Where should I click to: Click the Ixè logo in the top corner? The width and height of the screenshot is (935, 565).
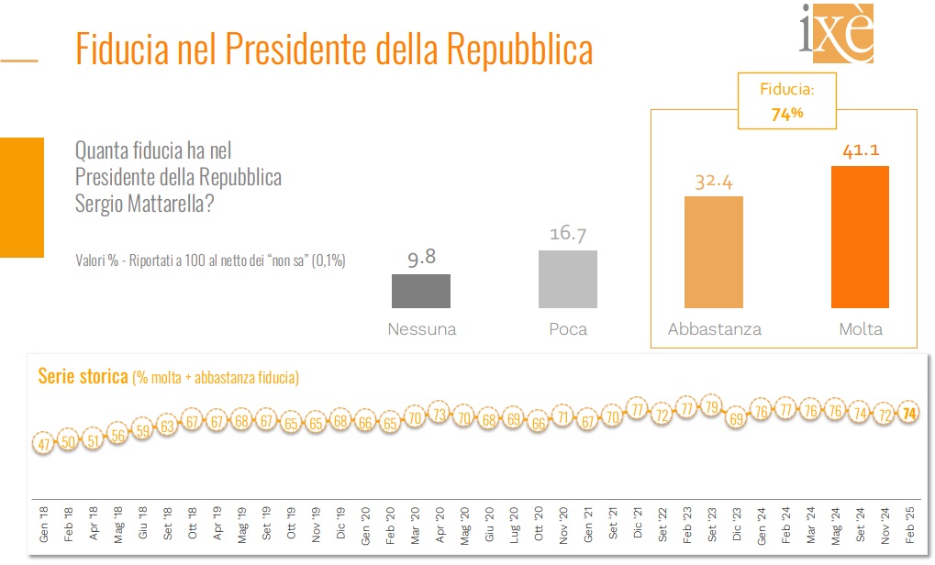click(x=837, y=34)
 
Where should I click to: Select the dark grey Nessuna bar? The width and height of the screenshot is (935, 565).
click(x=421, y=291)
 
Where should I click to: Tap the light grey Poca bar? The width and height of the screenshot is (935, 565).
click(x=568, y=279)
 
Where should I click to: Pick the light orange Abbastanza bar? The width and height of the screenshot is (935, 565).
click(x=714, y=252)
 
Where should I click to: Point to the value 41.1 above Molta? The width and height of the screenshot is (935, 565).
click(x=860, y=150)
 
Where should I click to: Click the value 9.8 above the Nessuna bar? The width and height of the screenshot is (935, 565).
click(x=421, y=260)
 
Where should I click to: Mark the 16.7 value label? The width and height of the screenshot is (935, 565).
click(x=568, y=235)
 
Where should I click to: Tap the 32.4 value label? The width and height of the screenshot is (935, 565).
click(x=714, y=182)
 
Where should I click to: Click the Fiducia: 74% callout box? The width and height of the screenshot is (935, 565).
click(x=787, y=102)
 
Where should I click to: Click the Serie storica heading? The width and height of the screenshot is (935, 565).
click(x=83, y=376)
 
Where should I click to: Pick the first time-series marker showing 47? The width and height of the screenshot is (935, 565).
click(x=43, y=444)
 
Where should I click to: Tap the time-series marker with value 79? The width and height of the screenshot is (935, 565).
click(x=710, y=406)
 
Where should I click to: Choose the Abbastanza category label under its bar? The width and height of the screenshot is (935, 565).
click(x=714, y=329)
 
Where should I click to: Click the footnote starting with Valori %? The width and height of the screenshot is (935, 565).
click(x=210, y=261)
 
